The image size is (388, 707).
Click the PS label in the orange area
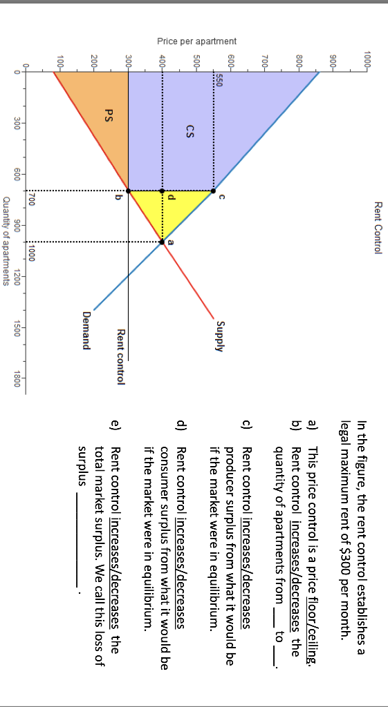[x=109, y=115]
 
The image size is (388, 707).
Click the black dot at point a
[x=162, y=242]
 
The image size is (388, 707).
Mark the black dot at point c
[x=214, y=191]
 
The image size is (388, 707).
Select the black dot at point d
[x=162, y=191]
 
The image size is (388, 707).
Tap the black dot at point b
[x=128, y=191]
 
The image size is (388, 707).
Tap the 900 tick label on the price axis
[x=334, y=60]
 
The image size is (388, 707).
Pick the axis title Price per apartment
[x=197, y=41]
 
